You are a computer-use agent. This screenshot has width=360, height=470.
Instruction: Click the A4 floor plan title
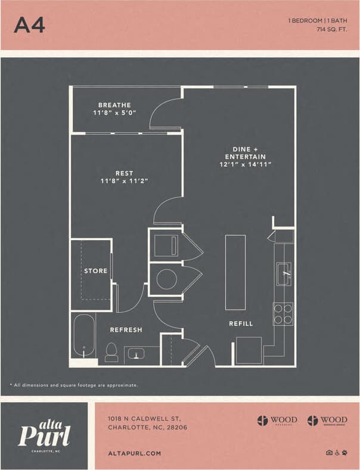29,24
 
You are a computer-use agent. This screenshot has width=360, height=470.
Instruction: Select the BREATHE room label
114,105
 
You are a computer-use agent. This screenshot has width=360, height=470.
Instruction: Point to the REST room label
125,173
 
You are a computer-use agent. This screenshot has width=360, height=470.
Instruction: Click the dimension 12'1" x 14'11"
245,164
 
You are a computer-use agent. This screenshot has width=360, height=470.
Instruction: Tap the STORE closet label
95,271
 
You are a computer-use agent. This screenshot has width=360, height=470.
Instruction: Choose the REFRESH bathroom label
126,329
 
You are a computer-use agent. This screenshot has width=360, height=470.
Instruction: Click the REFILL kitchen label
241,323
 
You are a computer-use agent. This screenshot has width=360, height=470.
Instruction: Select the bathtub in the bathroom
84,337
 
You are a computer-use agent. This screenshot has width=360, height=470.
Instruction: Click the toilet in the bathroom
111,351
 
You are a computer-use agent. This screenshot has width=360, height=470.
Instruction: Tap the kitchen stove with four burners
283,314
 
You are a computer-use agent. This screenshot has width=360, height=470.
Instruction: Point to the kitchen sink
284,273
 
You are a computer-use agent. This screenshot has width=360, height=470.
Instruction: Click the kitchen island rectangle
235,272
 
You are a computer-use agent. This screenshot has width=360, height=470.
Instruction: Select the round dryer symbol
166,279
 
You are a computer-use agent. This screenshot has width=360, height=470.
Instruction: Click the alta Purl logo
45,434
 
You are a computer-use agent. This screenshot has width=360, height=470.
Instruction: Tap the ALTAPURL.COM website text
134,453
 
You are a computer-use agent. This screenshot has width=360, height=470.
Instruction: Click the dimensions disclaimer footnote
74,385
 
